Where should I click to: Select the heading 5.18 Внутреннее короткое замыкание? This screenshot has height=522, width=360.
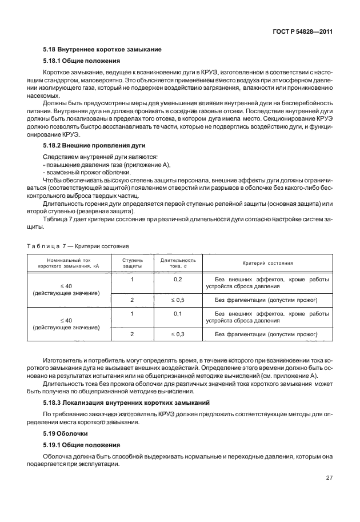(x=103, y=49)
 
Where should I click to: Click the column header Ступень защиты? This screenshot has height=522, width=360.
(x=133, y=263)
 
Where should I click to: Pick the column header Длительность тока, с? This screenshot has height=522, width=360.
(x=178, y=263)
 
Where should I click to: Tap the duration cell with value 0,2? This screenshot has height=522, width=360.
(x=178, y=279)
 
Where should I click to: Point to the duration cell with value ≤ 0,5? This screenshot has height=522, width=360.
(x=178, y=299)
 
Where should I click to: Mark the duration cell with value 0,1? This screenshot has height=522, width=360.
(x=178, y=313)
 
